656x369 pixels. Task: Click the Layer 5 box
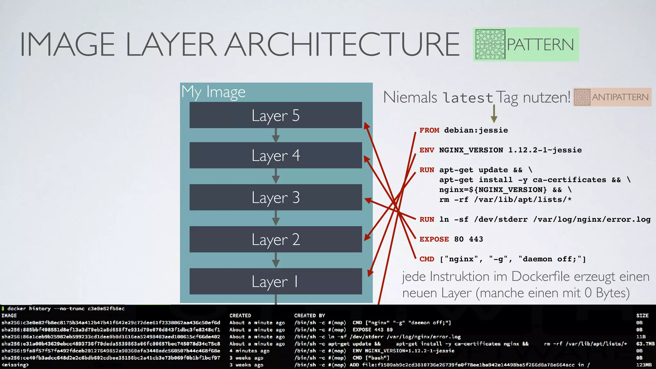pyautogui.click(x=275, y=115)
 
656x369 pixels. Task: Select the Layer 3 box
pyautogui.click(x=275, y=197)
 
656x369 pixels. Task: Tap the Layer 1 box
pyautogui.click(x=275, y=281)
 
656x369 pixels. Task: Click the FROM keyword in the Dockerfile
pyautogui.click(x=429, y=130)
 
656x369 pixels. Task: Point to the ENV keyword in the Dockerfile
pyautogui.click(x=427, y=150)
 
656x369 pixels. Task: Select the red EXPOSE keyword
pyautogui.click(x=434, y=239)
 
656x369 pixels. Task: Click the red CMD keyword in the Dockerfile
pyautogui.click(x=427, y=259)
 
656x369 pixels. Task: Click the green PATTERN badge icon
pyautogui.click(x=490, y=44)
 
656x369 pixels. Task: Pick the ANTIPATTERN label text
pyautogui.click(x=620, y=97)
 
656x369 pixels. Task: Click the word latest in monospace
pyautogui.click(x=468, y=98)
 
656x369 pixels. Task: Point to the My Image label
pyautogui.click(x=213, y=92)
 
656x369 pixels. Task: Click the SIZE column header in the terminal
pyautogui.click(x=642, y=316)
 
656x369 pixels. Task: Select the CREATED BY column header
pyautogui.click(x=309, y=316)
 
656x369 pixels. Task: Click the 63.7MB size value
pyautogui.click(x=645, y=344)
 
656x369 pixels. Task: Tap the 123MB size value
pyautogui.click(x=644, y=365)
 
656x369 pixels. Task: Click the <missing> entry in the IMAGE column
pyautogui.click(x=15, y=365)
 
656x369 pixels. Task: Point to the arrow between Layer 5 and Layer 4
pyautogui.click(x=276, y=135)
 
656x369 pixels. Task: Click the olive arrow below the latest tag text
pyautogui.click(x=494, y=114)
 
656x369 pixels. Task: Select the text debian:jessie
pyautogui.click(x=476, y=130)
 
